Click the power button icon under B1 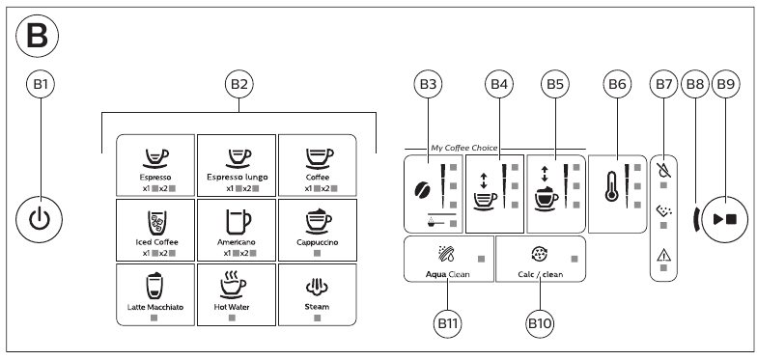pyautogui.click(x=39, y=220)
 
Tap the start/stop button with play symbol pyautogui.click(x=724, y=219)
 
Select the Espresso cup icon pyautogui.click(x=156, y=157)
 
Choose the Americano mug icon pyautogui.click(x=238, y=222)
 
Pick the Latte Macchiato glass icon pyautogui.click(x=154, y=286)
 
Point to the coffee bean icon pyautogui.click(x=421, y=189)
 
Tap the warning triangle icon pyautogui.click(x=663, y=256)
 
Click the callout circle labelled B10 pyautogui.click(x=539, y=324)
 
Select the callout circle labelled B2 pyautogui.click(x=239, y=84)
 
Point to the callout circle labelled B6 pyautogui.click(x=617, y=84)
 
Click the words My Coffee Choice pyautogui.click(x=463, y=149)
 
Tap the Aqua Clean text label pyautogui.click(x=448, y=274)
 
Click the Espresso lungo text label pyautogui.click(x=238, y=178)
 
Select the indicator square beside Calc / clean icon pyautogui.click(x=575, y=259)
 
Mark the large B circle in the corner pyautogui.click(x=37, y=37)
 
